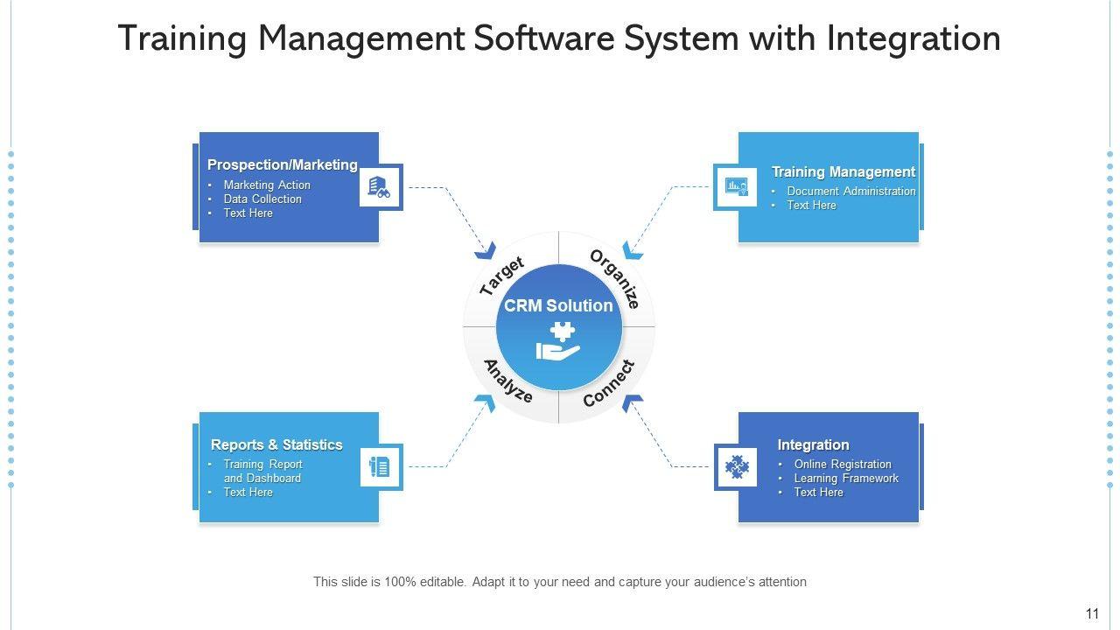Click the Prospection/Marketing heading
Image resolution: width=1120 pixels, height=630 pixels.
click(282, 164)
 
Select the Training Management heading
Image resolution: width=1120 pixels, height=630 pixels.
click(843, 171)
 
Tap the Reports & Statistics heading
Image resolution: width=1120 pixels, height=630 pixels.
click(276, 444)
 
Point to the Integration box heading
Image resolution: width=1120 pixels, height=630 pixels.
click(813, 444)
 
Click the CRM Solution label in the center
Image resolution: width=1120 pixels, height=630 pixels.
click(558, 305)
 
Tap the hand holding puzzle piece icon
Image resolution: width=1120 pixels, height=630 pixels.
click(558, 342)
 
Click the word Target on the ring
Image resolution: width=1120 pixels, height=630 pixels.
click(502, 275)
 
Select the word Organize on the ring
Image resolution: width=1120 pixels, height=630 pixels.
click(616, 278)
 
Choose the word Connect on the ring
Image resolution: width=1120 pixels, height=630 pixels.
click(609, 383)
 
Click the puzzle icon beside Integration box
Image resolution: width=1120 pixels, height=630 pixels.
click(737, 467)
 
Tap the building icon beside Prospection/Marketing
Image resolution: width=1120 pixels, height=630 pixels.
click(380, 186)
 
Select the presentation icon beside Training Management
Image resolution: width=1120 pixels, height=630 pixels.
click(736, 187)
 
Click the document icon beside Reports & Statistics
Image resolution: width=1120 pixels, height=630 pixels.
click(380, 467)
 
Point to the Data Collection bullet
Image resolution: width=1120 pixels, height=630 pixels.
click(262, 199)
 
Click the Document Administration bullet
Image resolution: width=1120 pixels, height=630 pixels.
click(850, 191)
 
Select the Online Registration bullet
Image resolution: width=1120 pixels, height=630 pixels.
click(842, 464)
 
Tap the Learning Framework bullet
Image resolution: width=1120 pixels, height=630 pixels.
click(845, 478)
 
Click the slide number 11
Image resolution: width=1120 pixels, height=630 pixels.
click(1092, 613)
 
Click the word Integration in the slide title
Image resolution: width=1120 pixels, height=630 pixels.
click(913, 38)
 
